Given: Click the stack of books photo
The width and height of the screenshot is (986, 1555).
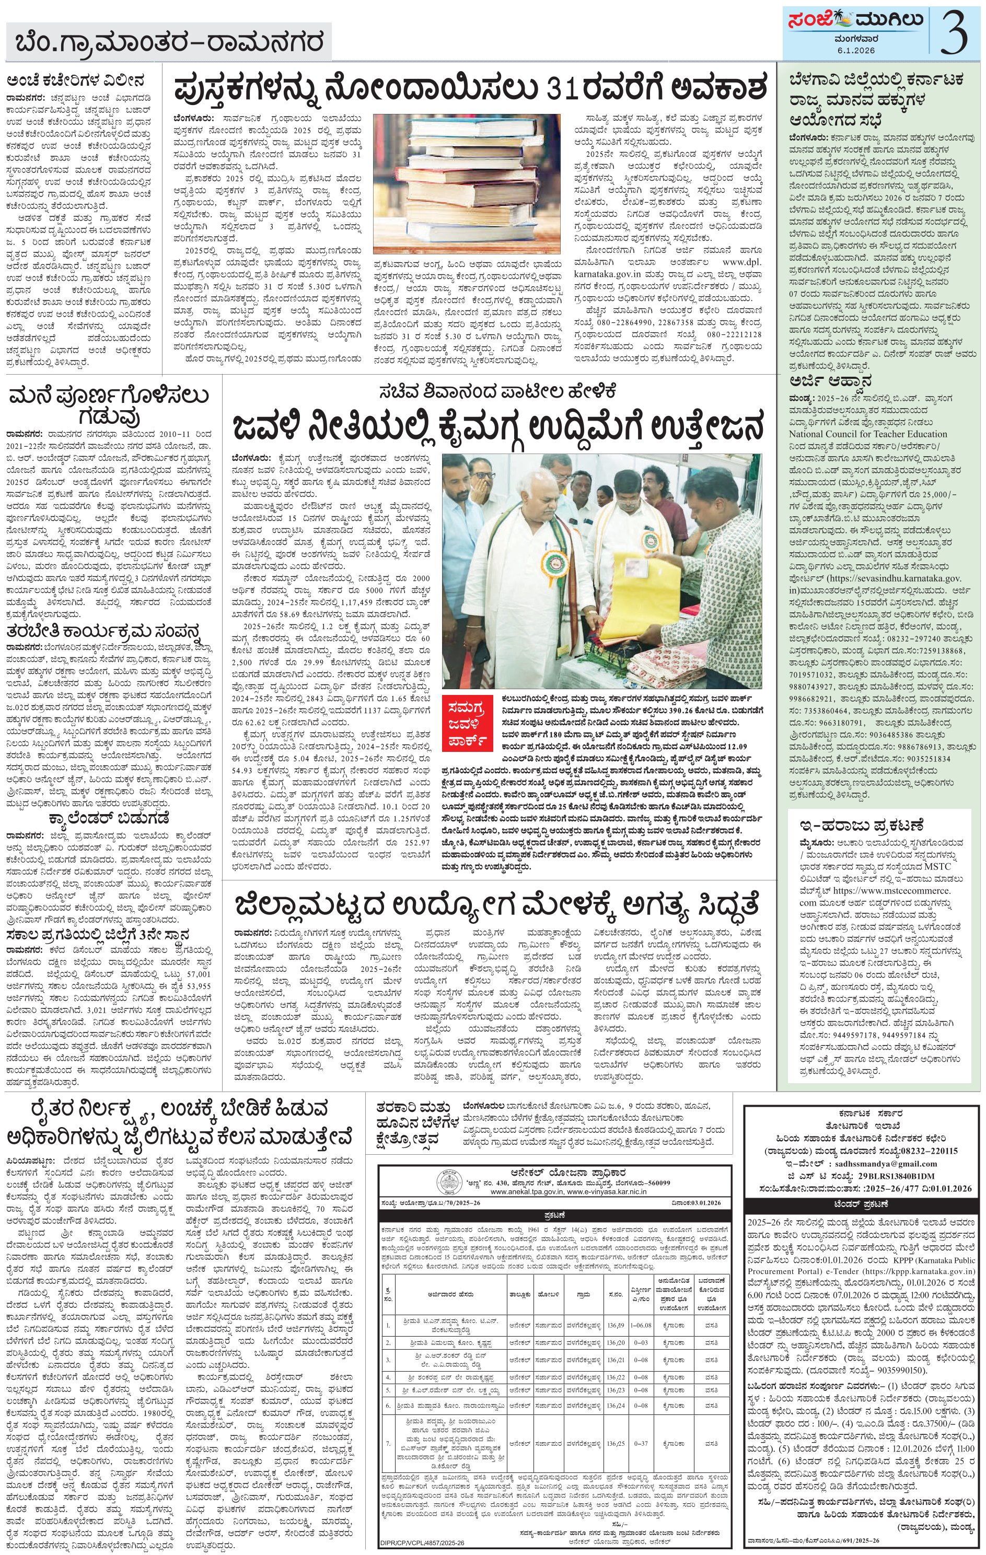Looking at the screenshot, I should pos(471,183).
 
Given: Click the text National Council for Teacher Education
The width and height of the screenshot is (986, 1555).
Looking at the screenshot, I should pos(868,434).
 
